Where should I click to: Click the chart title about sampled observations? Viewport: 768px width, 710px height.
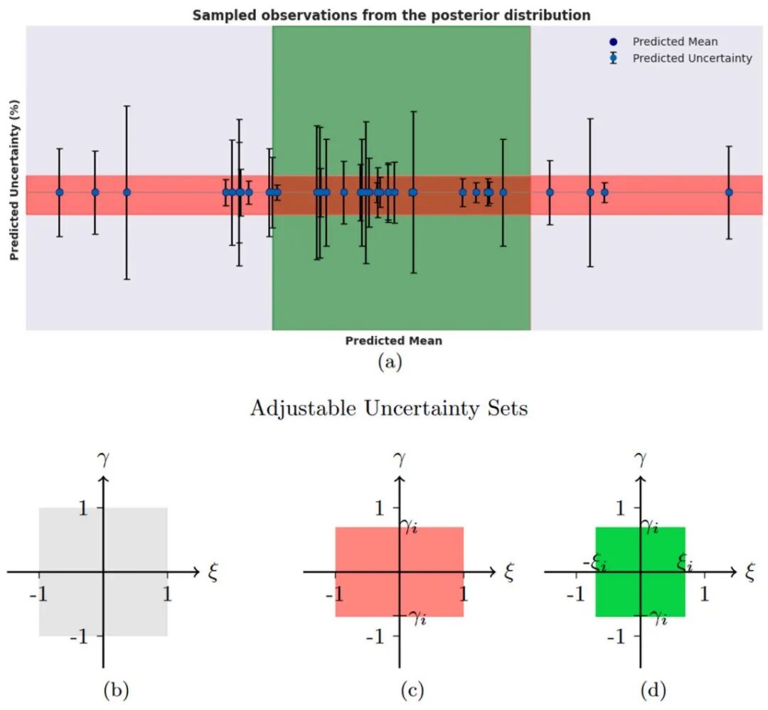click(x=391, y=15)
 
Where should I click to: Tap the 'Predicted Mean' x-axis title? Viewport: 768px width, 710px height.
click(x=394, y=341)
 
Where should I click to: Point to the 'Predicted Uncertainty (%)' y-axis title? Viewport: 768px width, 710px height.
click(x=14, y=181)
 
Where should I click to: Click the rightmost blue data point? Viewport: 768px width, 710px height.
click(x=729, y=193)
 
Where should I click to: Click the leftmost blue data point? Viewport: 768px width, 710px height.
click(x=60, y=193)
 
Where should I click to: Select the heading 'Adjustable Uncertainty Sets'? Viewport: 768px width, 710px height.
click(x=390, y=408)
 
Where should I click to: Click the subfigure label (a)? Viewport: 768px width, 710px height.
click(x=390, y=362)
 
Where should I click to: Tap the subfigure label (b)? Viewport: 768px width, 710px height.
click(x=116, y=690)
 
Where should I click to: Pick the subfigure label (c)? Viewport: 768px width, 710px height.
click(x=412, y=690)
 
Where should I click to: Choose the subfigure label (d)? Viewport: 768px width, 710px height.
click(x=653, y=690)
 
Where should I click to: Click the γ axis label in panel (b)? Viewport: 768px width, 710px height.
click(x=103, y=459)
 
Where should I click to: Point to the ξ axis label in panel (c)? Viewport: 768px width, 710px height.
click(x=509, y=571)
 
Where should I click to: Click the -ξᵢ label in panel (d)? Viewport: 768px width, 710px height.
click(x=595, y=563)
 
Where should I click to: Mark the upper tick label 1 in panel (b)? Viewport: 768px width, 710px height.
click(x=83, y=508)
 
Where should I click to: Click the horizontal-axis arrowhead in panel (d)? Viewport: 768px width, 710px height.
click(x=733, y=572)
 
